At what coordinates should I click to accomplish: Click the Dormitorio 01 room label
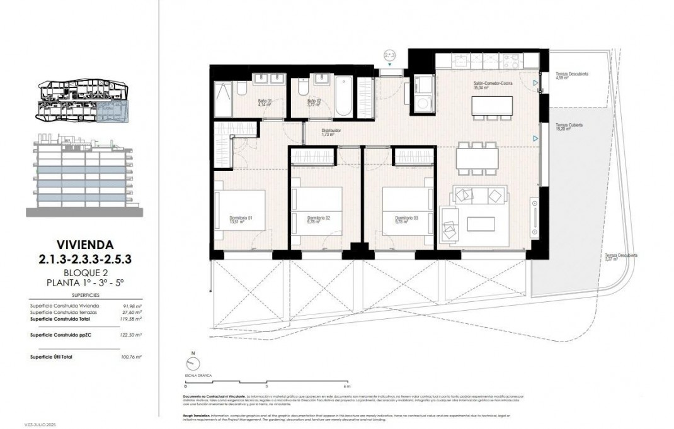coord(241,219)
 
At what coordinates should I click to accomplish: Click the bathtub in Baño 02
coord(343,96)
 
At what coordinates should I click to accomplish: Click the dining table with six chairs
coord(477,157)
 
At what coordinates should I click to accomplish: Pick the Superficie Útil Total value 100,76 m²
coord(131,357)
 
